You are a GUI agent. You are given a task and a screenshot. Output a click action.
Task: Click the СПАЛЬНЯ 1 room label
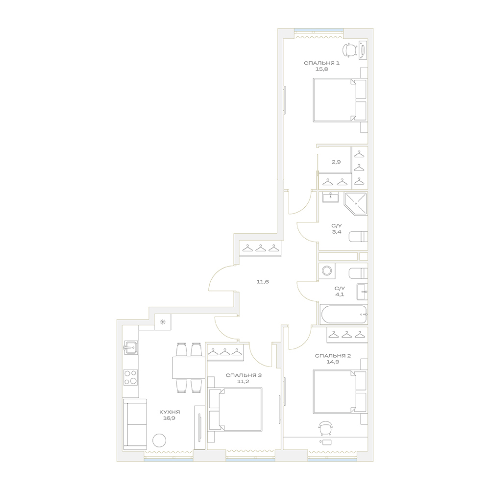pos(317,63)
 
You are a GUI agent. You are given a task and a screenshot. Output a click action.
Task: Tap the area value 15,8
pos(317,70)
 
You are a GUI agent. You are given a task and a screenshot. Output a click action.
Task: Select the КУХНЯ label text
pos(170,412)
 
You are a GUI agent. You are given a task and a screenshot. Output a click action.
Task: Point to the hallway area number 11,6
pos(263,282)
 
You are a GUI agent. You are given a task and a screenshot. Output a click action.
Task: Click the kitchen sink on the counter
pos(131,347)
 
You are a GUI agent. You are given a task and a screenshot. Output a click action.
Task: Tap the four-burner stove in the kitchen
pos(131,377)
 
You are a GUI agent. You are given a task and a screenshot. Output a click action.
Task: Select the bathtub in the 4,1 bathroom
pos(343,315)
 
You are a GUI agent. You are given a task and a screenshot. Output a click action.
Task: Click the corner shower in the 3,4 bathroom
pos(356,203)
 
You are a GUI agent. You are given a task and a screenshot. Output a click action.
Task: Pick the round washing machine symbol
pos(327,270)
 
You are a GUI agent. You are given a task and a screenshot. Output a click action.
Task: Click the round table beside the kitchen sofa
pos(159,441)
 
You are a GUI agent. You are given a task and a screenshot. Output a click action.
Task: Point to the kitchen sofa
pos(135,424)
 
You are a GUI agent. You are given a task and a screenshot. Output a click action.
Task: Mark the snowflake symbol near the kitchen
pos(163,322)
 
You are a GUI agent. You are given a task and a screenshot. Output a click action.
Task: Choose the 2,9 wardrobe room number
pos(336,162)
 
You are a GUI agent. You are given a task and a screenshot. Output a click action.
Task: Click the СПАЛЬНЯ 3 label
pos(244,375)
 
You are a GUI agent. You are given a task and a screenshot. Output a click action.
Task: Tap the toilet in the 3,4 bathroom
pos(358,237)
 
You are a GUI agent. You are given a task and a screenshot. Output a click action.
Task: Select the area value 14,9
pos(333,362)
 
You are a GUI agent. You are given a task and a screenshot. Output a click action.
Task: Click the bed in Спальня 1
pos(340,100)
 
